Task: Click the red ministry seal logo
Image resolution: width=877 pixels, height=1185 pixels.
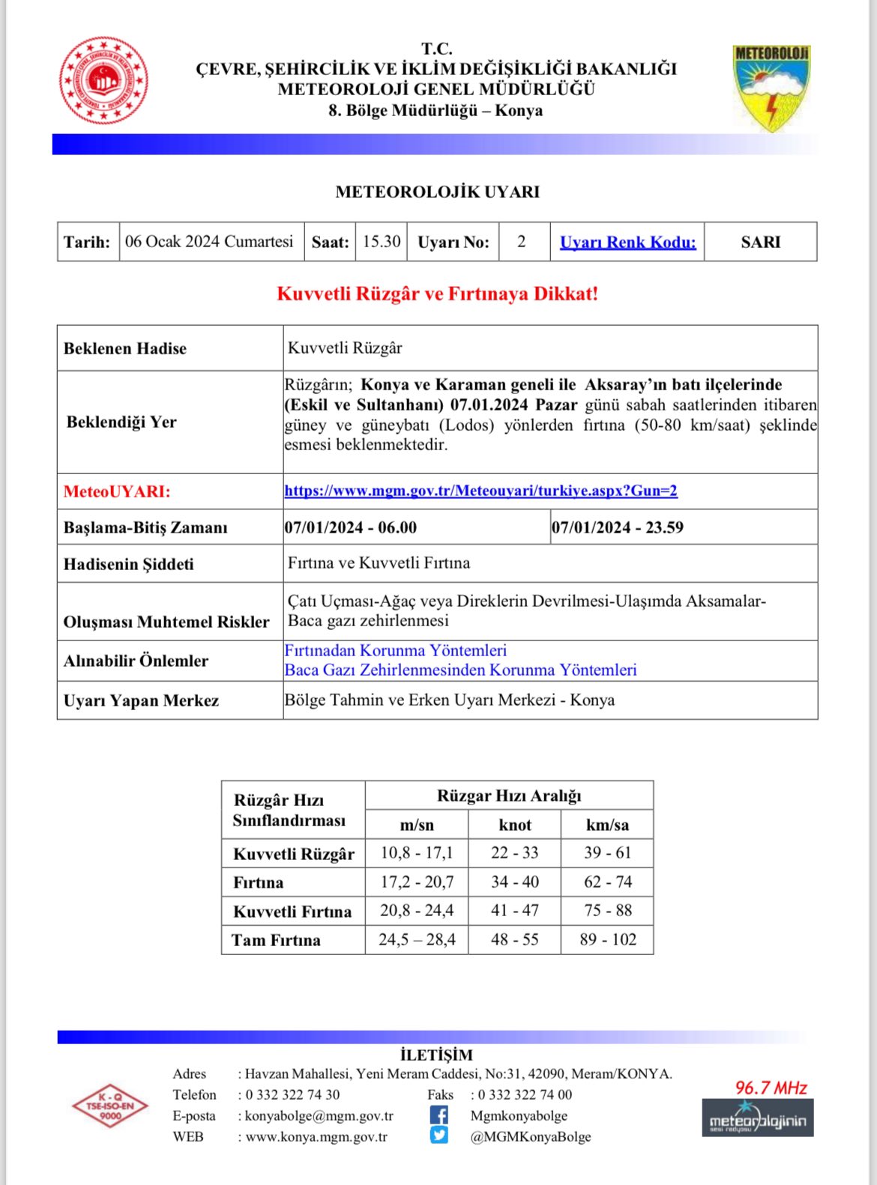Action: (x=103, y=81)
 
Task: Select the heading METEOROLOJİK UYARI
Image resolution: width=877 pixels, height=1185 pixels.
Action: (x=438, y=192)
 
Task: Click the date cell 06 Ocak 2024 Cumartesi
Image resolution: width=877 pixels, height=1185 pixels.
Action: (x=209, y=241)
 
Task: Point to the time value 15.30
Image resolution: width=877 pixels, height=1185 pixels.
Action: (x=382, y=241)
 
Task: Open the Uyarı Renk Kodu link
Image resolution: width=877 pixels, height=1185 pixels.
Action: (x=627, y=242)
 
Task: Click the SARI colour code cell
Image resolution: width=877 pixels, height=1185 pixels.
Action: (x=760, y=242)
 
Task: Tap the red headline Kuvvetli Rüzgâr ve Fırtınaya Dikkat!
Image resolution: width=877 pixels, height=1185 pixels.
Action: (x=438, y=294)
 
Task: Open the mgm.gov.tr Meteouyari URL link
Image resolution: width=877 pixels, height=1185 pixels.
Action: (x=480, y=491)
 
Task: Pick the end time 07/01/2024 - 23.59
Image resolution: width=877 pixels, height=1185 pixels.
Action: (x=618, y=527)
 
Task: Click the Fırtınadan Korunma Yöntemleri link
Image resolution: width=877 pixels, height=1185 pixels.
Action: (x=395, y=650)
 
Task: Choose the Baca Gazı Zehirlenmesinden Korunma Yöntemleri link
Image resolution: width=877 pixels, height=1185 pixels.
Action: (x=460, y=670)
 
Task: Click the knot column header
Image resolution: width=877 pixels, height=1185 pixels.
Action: (x=515, y=825)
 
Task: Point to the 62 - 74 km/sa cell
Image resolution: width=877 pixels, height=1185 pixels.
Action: (x=607, y=882)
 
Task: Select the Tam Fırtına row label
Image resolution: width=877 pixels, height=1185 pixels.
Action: (x=276, y=940)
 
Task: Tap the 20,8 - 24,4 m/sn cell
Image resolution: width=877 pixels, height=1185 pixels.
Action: (x=417, y=910)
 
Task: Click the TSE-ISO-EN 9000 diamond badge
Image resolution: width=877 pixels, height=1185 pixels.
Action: (x=110, y=1106)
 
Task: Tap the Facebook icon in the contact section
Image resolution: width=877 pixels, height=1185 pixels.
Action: (x=439, y=1115)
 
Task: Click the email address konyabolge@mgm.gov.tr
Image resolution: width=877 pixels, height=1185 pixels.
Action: (x=319, y=1115)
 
